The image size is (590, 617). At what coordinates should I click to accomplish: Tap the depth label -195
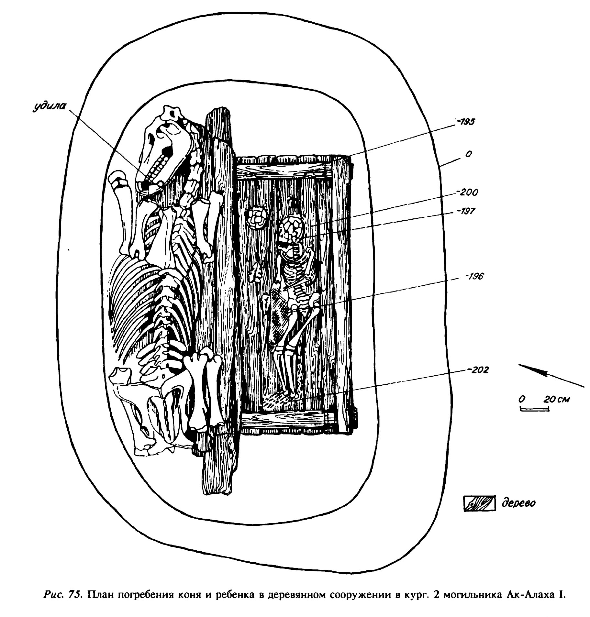[465, 122]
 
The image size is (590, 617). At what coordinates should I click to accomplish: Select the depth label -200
[466, 193]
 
